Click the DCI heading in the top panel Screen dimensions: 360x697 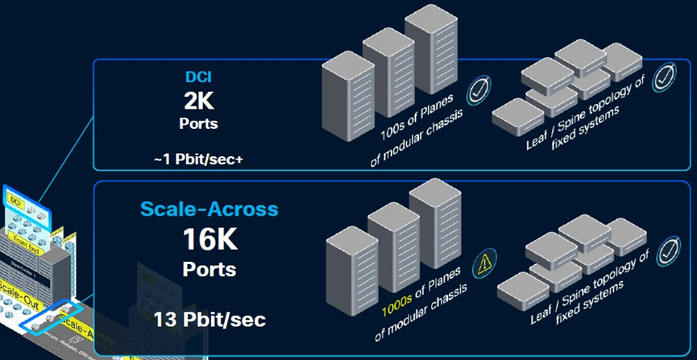click(198, 81)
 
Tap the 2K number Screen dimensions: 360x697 click(198, 102)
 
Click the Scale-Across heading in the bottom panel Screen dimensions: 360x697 click(209, 209)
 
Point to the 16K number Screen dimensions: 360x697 click(210, 239)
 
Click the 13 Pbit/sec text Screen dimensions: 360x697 click(210, 320)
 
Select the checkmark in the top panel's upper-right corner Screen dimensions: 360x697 click(664, 79)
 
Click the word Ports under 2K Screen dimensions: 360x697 click(198, 126)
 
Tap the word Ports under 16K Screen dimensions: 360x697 click(210, 267)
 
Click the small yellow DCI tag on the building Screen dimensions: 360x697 click(15, 197)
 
